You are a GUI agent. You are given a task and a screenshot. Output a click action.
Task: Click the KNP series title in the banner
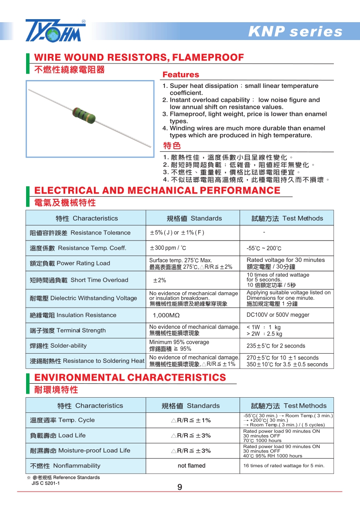click(x=295, y=32)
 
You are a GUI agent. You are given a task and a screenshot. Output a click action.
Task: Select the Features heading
click(x=180, y=74)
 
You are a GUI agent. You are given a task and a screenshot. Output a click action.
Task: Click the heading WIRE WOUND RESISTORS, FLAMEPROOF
click(x=139, y=57)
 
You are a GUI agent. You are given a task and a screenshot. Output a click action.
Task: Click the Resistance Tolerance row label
click(x=80, y=233)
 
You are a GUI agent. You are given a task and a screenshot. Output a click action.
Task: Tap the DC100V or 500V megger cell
click(x=278, y=315)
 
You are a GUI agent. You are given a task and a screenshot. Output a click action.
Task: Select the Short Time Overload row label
click(x=79, y=280)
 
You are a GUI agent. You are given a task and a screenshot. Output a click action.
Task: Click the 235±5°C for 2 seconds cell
click(x=276, y=346)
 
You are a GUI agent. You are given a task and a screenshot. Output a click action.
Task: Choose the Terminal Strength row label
click(x=68, y=331)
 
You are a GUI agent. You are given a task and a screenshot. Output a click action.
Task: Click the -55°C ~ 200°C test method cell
click(x=264, y=248)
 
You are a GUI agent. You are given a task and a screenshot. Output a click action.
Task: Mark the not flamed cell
click(x=192, y=465)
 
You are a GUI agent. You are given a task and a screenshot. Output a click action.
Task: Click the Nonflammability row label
click(x=65, y=465)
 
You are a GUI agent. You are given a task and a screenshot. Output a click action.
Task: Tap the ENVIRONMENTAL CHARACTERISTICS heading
click(x=130, y=377)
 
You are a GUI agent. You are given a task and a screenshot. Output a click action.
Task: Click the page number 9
click(x=180, y=487)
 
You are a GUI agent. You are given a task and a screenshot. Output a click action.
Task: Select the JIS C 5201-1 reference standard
click(x=46, y=483)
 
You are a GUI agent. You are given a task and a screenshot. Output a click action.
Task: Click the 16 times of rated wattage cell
click(x=284, y=465)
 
